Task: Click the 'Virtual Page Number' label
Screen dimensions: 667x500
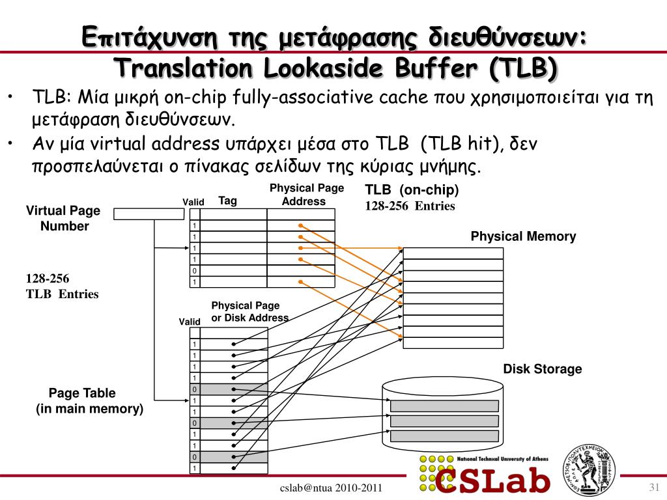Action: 63,218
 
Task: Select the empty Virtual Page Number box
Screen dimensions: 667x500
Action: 149,214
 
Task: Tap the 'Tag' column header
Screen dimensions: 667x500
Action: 227,201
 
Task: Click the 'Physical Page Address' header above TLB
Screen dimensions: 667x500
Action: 307,194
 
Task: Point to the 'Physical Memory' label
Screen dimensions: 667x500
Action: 523,236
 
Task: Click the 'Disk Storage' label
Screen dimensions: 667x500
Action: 543,368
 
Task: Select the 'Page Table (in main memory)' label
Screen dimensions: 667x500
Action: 89,400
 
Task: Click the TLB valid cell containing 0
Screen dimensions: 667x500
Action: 194,271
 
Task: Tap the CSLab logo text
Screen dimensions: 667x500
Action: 492,480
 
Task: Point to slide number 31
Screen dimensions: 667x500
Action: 654,487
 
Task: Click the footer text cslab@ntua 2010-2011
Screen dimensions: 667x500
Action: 331,488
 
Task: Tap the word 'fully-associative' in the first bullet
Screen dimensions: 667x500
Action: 303,98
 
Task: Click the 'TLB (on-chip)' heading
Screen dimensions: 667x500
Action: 412,189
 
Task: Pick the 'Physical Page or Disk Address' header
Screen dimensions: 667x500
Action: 249,312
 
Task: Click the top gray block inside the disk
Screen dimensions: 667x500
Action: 444,406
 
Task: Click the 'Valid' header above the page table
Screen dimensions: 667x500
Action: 190,322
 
